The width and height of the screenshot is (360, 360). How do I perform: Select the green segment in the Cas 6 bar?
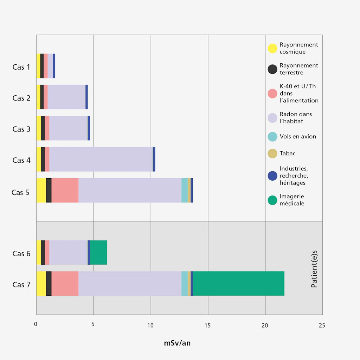point(98,252)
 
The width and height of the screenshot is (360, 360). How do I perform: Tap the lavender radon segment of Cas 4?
point(101,159)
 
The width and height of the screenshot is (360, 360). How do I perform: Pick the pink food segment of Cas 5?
point(65,190)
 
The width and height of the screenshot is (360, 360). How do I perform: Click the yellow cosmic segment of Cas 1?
point(38,66)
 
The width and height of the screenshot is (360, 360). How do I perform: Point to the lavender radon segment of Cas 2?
point(66,97)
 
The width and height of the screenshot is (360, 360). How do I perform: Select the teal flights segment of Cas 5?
point(185,190)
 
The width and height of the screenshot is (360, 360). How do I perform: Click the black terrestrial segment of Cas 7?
point(49,283)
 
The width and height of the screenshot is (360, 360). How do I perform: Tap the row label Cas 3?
point(21,129)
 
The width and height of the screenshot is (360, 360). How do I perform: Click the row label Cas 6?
point(21,253)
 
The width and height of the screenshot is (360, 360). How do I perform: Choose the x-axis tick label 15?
point(208,325)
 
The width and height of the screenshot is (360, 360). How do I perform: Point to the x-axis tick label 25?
point(322,325)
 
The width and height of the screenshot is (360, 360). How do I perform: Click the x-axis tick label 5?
point(93,324)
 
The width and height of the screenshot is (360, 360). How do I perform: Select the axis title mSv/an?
point(177,343)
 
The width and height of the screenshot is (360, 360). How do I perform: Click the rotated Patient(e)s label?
point(314,269)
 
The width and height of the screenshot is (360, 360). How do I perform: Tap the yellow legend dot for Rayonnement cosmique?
point(272,49)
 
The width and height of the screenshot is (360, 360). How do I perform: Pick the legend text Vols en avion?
point(298,136)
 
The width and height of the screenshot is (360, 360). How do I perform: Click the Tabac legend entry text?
point(288,153)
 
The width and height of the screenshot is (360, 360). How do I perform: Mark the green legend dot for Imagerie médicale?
point(272,200)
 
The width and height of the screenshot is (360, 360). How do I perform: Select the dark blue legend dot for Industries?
point(272,176)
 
